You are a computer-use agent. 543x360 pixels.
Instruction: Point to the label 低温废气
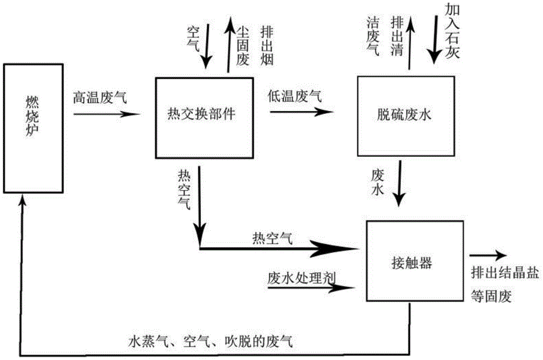[294, 97]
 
